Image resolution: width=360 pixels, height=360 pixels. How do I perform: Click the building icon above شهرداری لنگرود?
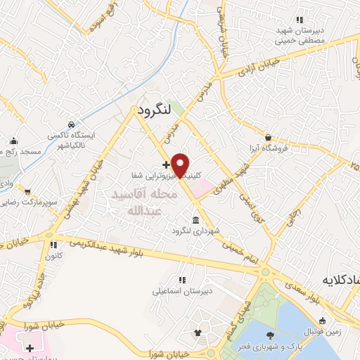(194, 219)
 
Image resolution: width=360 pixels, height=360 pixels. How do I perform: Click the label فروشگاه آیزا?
(269, 148)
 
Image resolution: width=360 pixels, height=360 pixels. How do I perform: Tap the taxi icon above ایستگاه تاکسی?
(70, 123)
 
